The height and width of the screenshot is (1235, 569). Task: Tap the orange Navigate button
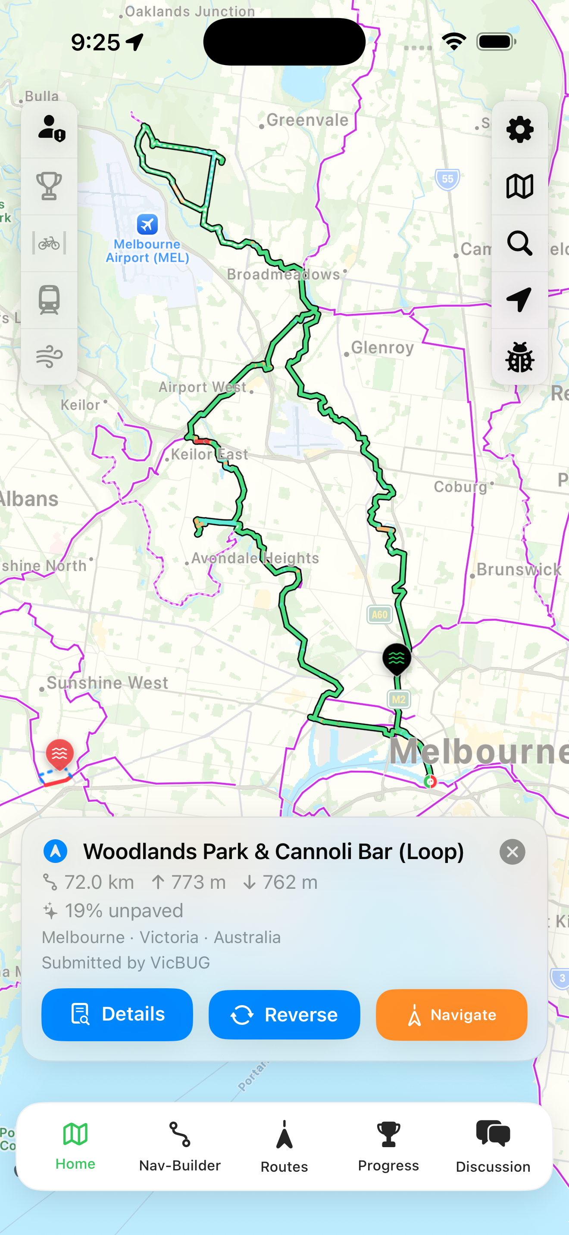[x=451, y=1015]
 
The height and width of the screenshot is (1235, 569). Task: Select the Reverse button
[x=284, y=1015]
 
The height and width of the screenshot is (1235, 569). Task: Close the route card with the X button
[x=512, y=852]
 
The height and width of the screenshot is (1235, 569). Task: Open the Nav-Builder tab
[x=180, y=1147]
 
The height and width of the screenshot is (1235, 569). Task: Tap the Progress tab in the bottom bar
[x=388, y=1147]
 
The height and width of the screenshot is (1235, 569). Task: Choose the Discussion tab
[x=493, y=1147]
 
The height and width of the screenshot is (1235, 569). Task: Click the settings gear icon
[x=519, y=130]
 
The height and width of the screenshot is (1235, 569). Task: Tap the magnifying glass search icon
[x=519, y=243]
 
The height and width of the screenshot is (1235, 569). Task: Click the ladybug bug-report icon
[x=519, y=357]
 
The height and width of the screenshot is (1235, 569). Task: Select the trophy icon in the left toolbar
[x=50, y=186]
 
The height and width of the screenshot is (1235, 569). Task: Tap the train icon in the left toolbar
[x=50, y=300]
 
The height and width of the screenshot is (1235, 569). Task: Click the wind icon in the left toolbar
[x=50, y=357]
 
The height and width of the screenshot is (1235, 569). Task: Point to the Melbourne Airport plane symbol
[x=147, y=224]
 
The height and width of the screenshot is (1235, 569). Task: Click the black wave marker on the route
[x=397, y=658]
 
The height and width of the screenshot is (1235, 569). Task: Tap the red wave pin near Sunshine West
[x=59, y=754]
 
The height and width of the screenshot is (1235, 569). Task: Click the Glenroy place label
[x=382, y=348]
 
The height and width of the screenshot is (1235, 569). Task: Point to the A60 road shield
[x=379, y=614]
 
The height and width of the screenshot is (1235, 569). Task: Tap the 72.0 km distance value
[x=99, y=882]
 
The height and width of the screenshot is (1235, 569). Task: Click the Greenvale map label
[x=307, y=120]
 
